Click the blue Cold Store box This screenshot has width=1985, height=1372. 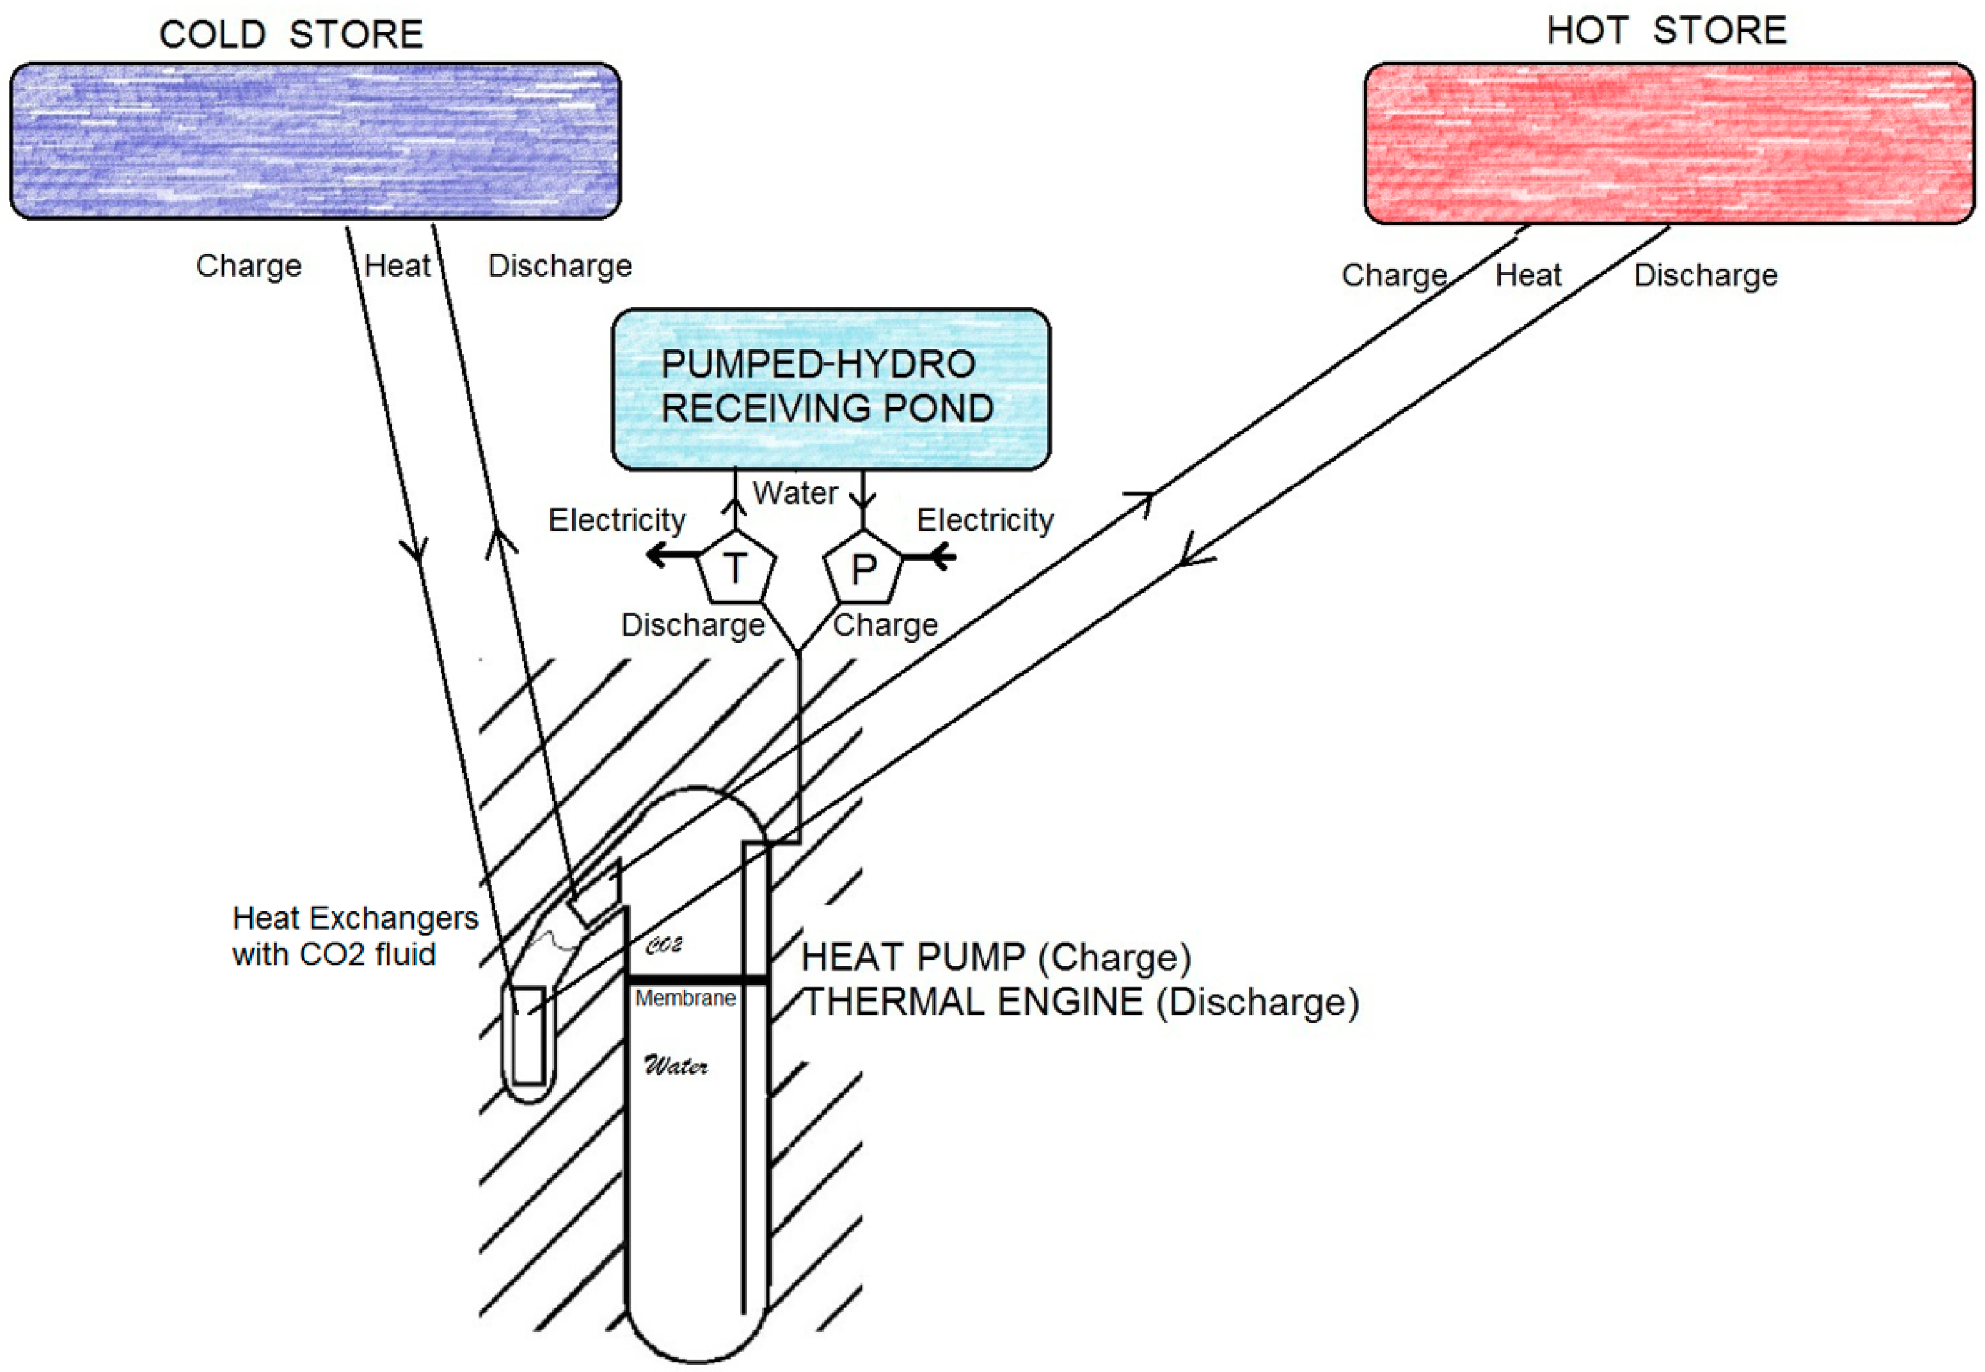(x=315, y=140)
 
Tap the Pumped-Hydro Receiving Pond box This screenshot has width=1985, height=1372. (x=830, y=389)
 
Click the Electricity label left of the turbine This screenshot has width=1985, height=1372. (x=616, y=520)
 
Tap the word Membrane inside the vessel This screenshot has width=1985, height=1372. (x=685, y=998)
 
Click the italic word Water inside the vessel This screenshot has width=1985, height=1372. (x=676, y=1066)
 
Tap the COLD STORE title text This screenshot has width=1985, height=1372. (x=291, y=34)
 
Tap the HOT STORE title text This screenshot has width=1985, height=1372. (x=1666, y=31)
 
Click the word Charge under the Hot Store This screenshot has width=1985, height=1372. (x=1394, y=275)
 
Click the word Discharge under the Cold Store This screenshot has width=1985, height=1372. (x=560, y=266)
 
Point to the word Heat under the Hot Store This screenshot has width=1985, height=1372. (x=1527, y=275)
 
